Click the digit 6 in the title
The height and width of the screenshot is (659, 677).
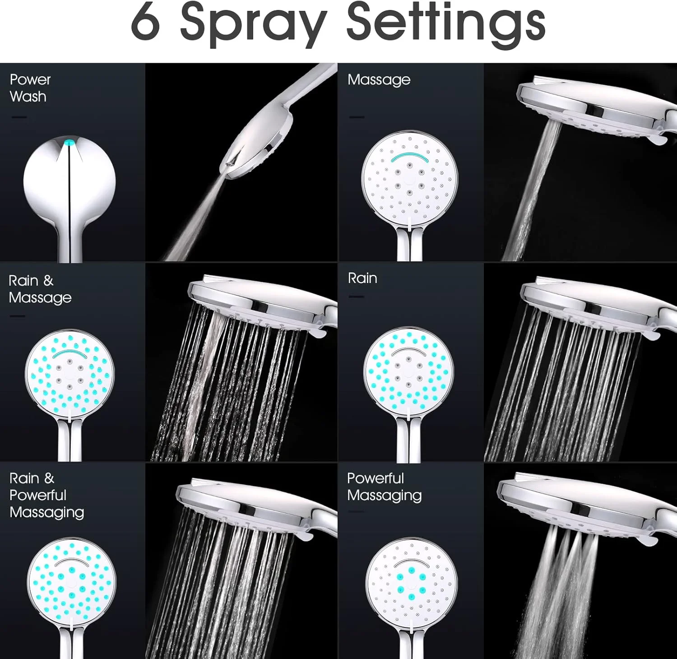pos(145,21)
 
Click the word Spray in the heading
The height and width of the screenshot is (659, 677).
pos(253,25)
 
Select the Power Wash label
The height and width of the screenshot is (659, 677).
pos(30,88)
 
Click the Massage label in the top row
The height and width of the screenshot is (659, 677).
pos(379,80)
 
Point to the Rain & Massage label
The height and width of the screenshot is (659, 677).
pos(40,289)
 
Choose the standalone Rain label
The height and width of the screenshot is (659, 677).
pos(362,278)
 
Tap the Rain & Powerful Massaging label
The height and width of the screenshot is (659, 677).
pos(46,495)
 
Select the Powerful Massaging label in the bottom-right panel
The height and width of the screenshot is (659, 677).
pos(385,487)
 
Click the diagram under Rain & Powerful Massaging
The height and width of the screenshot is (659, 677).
pos(71,582)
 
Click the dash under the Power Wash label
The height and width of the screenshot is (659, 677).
pos(19,117)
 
